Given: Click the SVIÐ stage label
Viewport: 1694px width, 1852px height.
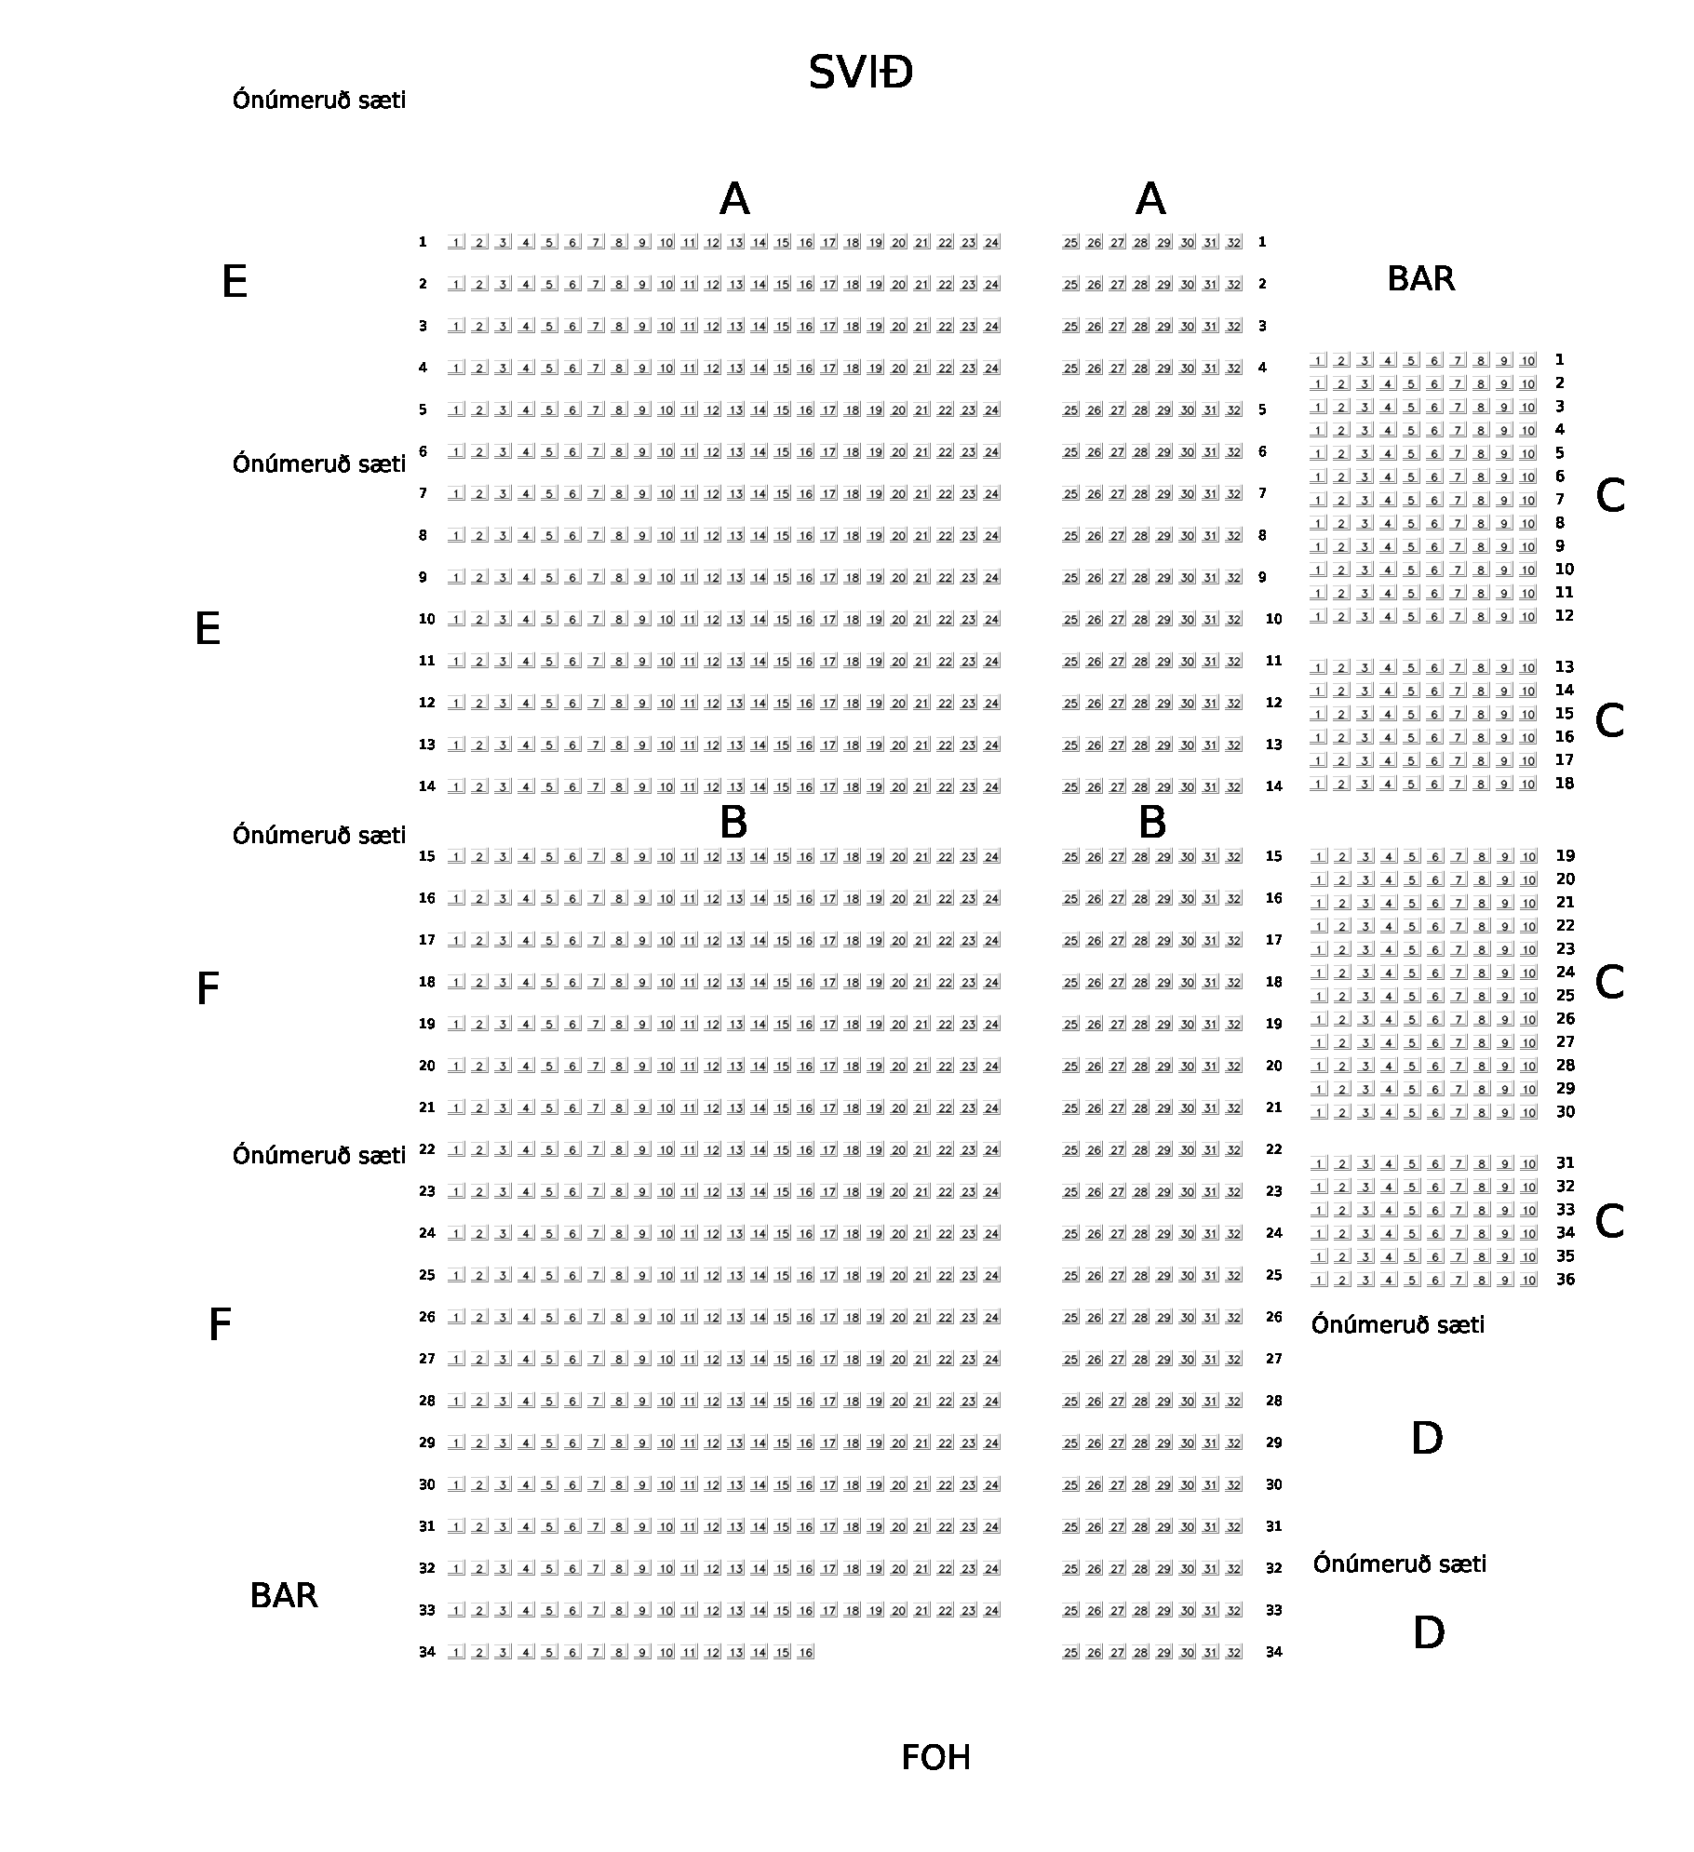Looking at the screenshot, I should [x=860, y=73].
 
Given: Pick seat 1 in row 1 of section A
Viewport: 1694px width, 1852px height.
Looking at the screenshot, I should [x=456, y=243].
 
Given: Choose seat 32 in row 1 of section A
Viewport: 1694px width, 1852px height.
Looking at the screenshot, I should [x=1233, y=243].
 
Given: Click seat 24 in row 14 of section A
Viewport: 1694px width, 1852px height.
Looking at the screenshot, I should [x=991, y=787].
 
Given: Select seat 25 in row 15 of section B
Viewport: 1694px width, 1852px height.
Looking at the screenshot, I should [x=1070, y=857].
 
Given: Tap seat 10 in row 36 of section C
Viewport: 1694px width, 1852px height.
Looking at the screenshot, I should [x=1527, y=1281].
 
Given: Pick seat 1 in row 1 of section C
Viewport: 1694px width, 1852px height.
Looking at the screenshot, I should [x=1318, y=360].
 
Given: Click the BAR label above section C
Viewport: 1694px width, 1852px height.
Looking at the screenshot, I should [x=1420, y=279].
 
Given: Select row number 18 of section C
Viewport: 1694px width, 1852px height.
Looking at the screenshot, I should [x=1564, y=784].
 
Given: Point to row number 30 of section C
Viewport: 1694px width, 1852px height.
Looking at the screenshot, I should [x=1565, y=1112].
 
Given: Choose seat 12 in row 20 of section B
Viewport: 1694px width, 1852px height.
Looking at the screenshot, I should [x=712, y=1067].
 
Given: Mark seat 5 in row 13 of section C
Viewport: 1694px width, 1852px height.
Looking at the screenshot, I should [x=1411, y=668].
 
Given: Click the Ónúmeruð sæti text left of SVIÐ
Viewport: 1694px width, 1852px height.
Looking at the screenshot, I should [x=319, y=101].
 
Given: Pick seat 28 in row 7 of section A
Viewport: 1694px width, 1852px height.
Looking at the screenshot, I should [x=1140, y=494].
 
